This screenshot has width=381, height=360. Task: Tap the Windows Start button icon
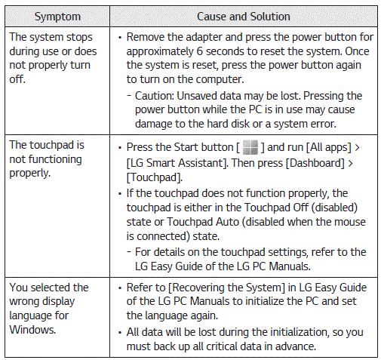point(249,145)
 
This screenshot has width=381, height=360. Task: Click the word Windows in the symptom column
point(32,329)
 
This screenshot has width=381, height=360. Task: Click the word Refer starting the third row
point(140,288)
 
